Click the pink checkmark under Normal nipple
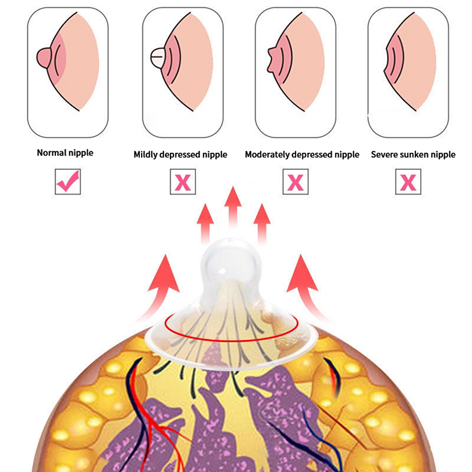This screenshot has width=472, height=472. coord(67,182)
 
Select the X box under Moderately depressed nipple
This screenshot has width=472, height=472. coord(296,182)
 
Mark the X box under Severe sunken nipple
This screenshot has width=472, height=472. coord(408,182)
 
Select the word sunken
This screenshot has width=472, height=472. coord(416,155)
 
